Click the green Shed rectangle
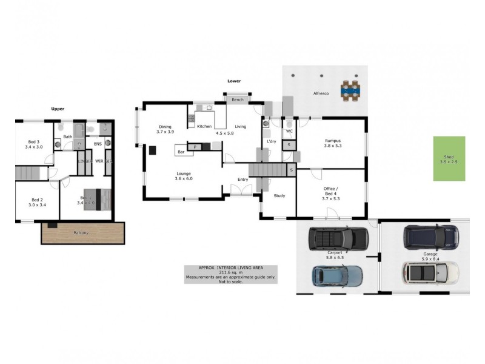point(449,158)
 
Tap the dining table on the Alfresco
point(350,91)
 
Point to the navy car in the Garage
point(431,237)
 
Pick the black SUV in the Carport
point(338,238)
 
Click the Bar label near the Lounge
point(181,150)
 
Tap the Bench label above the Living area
point(237,99)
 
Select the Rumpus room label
point(332,140)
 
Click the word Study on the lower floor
point(279,195)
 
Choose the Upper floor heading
point(58,109)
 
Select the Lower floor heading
point(234,81)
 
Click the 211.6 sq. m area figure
point(230,272)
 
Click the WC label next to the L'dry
point(289,130)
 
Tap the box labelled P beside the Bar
point(195,147)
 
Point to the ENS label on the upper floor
point(98,144)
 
